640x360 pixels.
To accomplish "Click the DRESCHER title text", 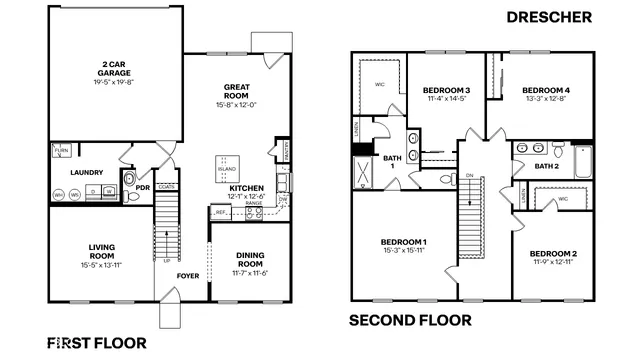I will (549, 17).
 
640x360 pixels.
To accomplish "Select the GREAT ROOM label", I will (238, 91).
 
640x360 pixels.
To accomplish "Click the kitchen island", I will (228, 165).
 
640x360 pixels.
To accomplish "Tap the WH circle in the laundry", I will (60, 194).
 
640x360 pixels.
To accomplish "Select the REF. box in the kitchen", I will (220, 213).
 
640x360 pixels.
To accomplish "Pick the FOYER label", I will (189, 274).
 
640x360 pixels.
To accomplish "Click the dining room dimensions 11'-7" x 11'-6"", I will (243, 273).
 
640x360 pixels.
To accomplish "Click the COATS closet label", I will (166, 186).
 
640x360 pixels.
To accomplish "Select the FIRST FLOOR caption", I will (96, 342).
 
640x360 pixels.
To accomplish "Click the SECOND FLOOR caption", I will (409, 320).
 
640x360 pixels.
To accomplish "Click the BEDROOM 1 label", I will (404, 242).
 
